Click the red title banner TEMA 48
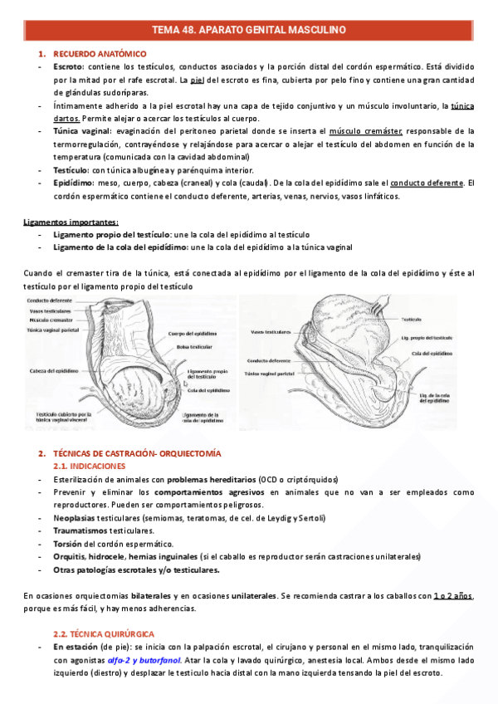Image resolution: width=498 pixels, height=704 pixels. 249,31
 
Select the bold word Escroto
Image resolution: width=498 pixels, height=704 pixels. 68,66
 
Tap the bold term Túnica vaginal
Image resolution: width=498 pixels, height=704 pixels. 82,131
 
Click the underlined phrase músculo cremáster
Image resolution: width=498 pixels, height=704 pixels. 366,131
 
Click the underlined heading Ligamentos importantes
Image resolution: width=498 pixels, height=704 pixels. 71,222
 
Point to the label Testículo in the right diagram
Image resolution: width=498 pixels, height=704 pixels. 413,319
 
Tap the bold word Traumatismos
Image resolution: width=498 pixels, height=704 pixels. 82,530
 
